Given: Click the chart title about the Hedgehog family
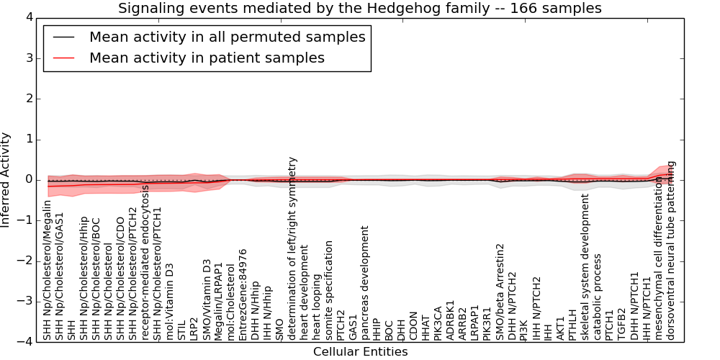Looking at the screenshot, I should coord(359,9).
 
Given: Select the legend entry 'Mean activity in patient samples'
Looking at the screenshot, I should coord(206,58).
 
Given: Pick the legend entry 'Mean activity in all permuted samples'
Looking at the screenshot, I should coord(227,37).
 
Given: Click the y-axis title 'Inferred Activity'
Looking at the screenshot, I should coord(6,179).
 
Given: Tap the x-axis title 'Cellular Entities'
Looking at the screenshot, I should coord(360,352).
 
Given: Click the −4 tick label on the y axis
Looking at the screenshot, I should coord(23,342).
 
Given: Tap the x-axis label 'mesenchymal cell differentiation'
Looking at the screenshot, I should coord(659,258).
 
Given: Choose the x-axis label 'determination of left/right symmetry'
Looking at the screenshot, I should coord(293,248).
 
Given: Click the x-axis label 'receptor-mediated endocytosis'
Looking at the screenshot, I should coord(145,262).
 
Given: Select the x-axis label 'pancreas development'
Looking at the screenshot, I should coord(364,283).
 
